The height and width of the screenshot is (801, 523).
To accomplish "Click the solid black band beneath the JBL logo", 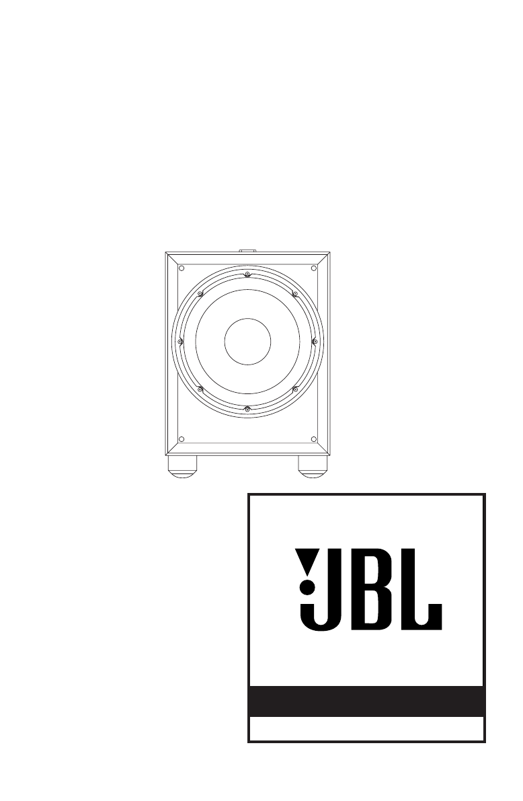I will (366, 701).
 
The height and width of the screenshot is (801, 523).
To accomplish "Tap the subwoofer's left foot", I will (182, 466).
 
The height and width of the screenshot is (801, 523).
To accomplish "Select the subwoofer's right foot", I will (314, 466).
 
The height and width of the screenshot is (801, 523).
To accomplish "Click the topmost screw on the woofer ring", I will (247, 275).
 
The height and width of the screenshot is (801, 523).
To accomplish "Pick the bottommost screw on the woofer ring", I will (247, 408).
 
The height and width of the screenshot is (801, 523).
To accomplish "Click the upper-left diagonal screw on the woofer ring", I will (200, 294).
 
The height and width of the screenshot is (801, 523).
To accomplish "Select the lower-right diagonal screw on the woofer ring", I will (294, 389).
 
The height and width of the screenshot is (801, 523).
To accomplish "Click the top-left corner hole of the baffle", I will (182, 268).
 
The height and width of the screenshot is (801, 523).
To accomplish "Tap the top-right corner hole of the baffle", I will (314, 268).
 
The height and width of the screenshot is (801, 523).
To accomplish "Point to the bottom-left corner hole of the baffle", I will (182, 439).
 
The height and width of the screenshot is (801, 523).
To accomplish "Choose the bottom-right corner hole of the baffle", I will (314, 439).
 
